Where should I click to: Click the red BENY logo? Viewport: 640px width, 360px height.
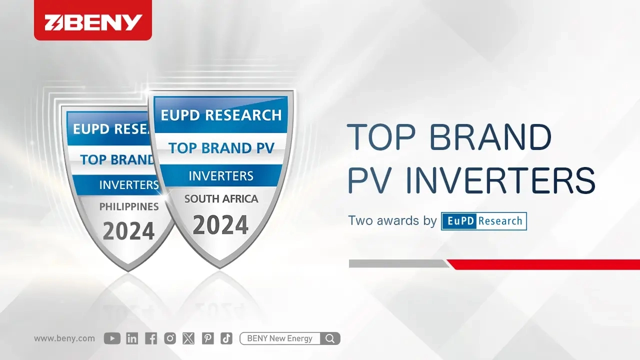93,22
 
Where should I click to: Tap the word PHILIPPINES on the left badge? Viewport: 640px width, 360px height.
129,206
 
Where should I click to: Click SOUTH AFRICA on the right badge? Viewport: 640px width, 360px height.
221,199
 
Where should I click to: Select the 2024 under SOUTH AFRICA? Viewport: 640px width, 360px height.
220,225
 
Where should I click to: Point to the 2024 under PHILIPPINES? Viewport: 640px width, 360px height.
128,231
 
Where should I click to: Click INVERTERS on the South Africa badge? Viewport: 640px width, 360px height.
221,176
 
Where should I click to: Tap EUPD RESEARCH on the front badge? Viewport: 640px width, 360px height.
221,115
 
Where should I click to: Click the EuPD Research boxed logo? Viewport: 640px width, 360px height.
483,221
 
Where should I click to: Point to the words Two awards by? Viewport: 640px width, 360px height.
392,221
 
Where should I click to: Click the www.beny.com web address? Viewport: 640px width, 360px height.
64,338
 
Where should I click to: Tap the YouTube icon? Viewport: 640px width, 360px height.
112,338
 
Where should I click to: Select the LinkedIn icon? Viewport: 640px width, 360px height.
132,338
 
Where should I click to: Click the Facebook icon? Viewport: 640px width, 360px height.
151,338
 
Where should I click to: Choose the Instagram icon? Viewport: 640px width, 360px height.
170,338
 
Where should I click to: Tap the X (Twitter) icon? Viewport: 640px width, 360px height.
188,338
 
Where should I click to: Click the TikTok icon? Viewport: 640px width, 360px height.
226,338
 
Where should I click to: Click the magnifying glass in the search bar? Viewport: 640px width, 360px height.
330,338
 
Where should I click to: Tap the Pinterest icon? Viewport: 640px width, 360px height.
207,338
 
